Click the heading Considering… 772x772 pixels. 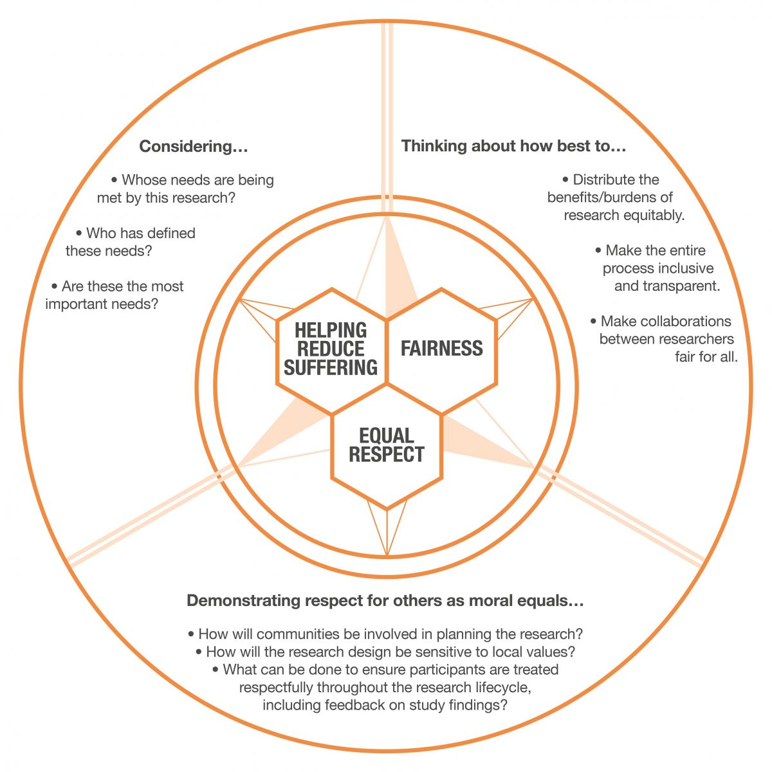[x=194, y=146]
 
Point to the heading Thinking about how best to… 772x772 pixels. [x=513, y=146]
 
